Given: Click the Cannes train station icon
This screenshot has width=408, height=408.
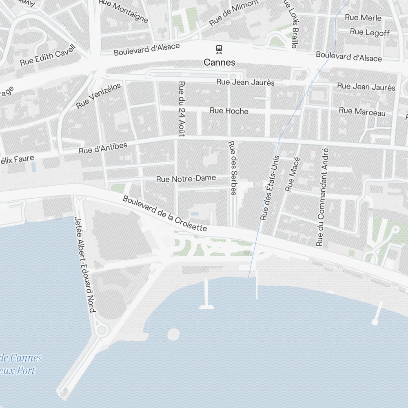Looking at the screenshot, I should coord(220,49).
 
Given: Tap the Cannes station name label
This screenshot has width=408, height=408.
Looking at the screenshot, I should coord(220,62).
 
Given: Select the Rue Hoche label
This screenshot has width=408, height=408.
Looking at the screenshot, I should coord(229,111).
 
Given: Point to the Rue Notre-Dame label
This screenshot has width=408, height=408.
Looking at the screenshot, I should coord(186,179).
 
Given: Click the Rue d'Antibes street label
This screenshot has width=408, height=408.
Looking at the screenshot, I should coord(103,148).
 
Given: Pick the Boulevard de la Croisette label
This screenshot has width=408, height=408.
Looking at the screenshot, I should coord(165,214).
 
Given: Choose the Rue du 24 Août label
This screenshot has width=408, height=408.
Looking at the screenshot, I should coord(182,109).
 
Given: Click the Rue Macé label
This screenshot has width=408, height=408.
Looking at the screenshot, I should coord(293,174).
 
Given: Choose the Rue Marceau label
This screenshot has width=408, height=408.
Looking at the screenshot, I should coord(362,111).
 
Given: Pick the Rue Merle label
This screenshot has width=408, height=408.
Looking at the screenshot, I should coord(363,18).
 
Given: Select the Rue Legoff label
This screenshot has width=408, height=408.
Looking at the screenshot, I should coord(370,32).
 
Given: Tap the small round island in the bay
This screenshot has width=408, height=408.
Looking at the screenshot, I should coord(173,335).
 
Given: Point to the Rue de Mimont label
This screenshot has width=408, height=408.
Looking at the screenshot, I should coord(234,13).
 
